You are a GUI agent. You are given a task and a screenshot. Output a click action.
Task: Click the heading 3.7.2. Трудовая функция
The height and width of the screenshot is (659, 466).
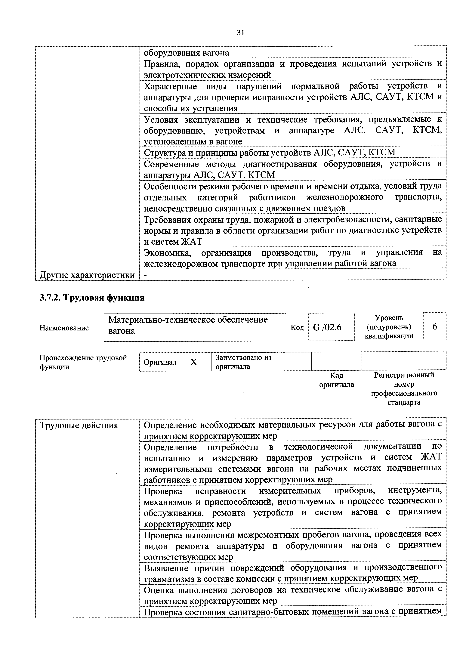pos(92,298)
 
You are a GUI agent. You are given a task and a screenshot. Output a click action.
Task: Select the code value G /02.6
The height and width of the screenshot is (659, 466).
pos(327,327)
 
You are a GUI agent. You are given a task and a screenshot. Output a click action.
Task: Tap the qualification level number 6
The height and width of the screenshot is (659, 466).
pos(434,327)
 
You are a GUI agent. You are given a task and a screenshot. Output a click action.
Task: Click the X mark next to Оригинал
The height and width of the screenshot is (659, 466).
pos(194,362)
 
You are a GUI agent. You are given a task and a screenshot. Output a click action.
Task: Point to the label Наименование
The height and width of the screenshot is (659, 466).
pos(64,328)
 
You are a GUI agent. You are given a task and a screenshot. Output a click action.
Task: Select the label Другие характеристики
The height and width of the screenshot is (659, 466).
pos(87,275)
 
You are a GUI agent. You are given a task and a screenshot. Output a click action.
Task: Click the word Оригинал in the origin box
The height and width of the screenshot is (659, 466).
pos(160,362)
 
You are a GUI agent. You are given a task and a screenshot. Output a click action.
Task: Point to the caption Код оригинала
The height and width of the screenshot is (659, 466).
pos(337,380)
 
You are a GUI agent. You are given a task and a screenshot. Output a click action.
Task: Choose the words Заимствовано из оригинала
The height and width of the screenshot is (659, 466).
pos(243,362)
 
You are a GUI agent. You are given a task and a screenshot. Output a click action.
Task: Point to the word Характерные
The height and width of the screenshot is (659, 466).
pos(170,86)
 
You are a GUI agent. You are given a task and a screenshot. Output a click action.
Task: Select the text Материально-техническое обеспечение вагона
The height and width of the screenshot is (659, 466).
pos(188,325)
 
